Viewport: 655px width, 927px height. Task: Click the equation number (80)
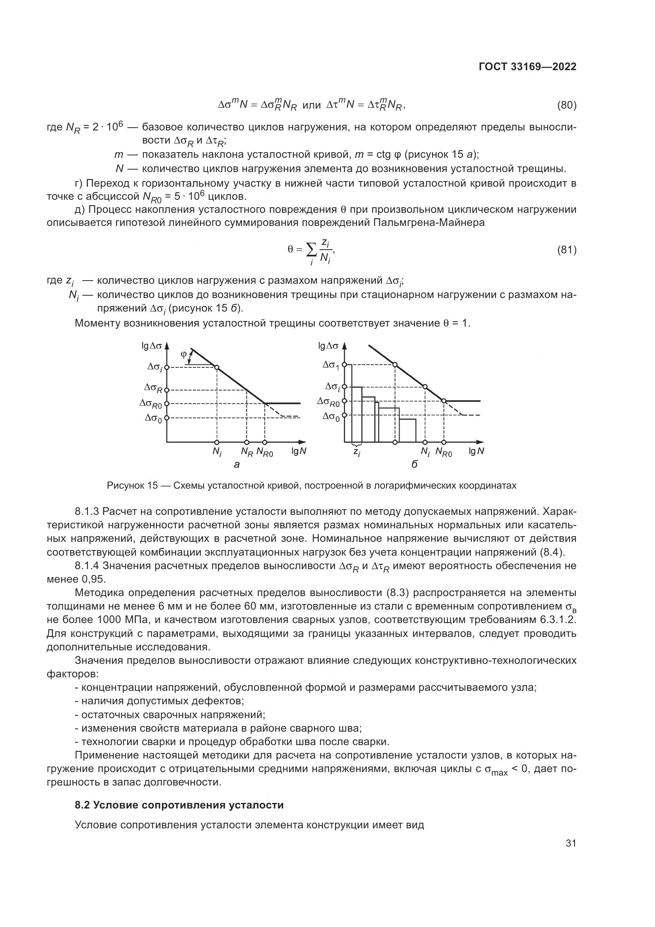coord(566,105)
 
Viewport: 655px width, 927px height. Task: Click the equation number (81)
coord(566,250)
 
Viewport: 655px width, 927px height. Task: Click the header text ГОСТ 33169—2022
coord(527,67)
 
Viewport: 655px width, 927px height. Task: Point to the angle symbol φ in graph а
coord(183,354)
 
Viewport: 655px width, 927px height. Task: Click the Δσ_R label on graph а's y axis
coord(154,388)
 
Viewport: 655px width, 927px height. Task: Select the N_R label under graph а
coord(247,452)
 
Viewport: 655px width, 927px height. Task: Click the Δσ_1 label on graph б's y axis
coord(331,365)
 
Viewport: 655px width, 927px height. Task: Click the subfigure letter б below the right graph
coord(415,465)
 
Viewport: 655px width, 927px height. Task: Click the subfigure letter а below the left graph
coord(237,465)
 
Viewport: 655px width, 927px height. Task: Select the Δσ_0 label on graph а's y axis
coord(153,418)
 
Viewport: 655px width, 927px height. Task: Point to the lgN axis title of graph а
coord(299,451)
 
